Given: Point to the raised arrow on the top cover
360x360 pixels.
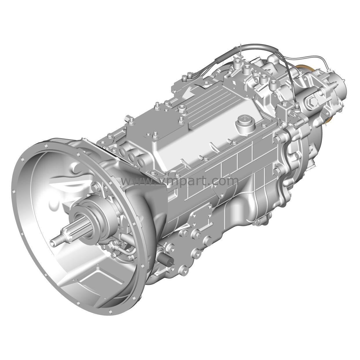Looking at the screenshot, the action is [x=189, y=93].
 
